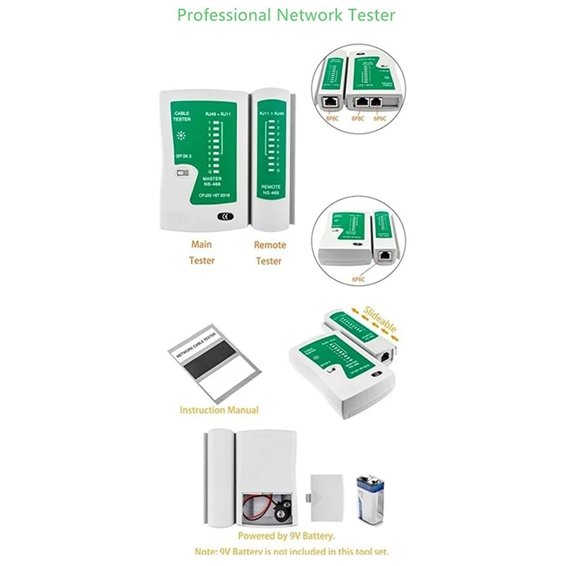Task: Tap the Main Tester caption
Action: [202, 252]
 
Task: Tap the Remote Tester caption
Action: [270, 253]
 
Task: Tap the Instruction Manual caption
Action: [219, 410]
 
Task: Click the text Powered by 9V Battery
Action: [286, 536]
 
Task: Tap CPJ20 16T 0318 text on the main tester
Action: [214, 193]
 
